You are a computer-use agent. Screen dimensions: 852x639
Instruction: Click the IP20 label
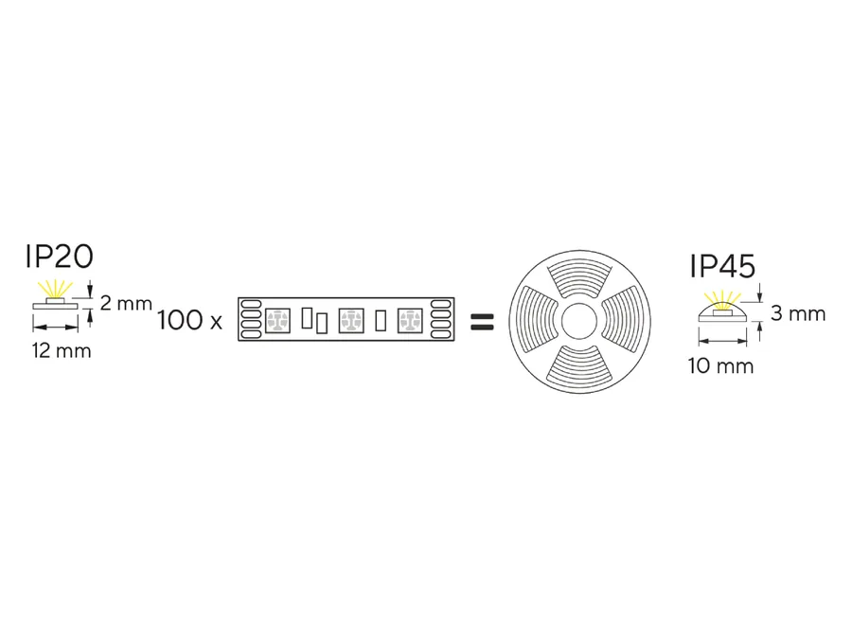point(60,257)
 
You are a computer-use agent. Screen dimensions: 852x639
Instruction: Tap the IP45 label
point(722,266)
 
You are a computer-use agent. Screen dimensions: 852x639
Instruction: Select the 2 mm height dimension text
point(126,303)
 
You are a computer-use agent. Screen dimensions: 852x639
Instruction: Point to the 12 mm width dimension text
point(62,351)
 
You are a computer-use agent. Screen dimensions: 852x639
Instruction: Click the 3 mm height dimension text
point(798,313)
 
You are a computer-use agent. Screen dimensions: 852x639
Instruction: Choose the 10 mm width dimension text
point(720,365)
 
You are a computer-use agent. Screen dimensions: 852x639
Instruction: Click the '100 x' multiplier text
point(189,320)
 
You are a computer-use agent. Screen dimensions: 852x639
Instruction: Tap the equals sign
point(482,322)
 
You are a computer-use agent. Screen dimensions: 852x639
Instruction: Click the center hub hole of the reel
point(579,322)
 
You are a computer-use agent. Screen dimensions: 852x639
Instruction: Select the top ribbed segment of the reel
point(579,278)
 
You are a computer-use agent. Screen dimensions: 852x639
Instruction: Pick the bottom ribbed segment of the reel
point(579,365)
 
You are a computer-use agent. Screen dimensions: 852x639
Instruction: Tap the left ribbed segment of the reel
point(536,322)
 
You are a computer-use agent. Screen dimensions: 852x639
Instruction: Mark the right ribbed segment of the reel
point(623,322)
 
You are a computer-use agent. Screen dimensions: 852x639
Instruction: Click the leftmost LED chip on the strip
point(277,320)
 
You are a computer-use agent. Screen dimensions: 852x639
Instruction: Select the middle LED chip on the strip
point(351,320)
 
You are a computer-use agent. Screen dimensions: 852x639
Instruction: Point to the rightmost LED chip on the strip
point(410,320)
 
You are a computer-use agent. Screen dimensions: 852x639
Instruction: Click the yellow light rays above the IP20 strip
point(55,289)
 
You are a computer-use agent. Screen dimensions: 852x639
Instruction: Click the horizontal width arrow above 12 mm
point(56,328)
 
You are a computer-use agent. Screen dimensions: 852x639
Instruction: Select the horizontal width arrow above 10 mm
point(722,341)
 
